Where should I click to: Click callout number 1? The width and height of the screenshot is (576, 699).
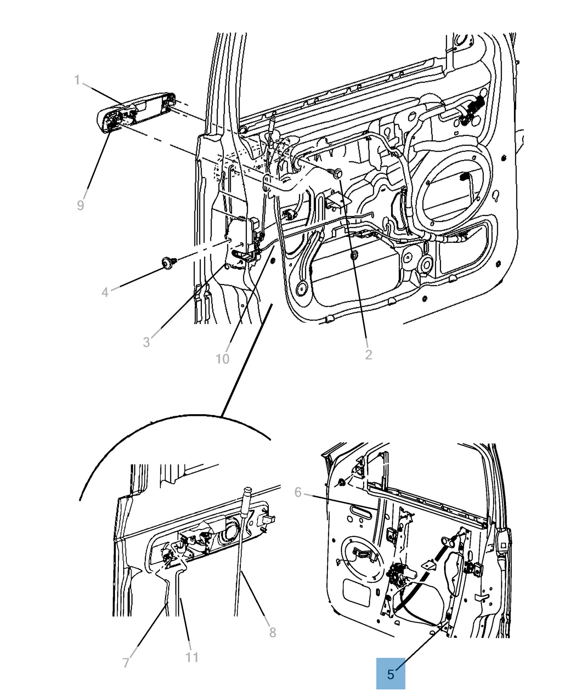[x=77, y=80]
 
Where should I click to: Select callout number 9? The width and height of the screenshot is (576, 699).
[x=80, y=205]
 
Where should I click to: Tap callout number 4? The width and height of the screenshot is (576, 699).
[x=105, y=292]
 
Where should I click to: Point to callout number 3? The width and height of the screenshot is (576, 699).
[x=146, y=342]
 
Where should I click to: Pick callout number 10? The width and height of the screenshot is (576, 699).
[x=222, y=359]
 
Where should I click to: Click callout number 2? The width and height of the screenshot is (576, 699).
[x=368, y=354]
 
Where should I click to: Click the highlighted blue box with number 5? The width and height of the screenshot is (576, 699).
[x=391, y=675]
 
